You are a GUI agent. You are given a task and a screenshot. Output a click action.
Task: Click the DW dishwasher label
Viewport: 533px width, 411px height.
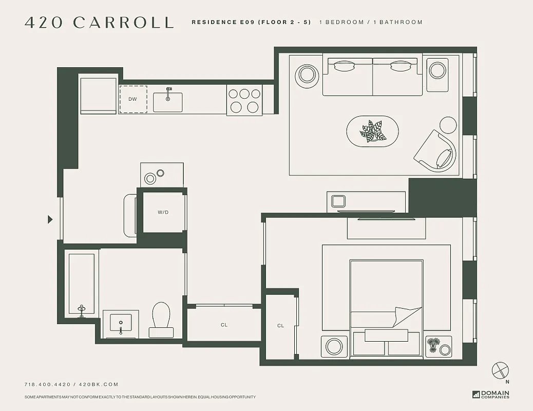(x=132, y=99)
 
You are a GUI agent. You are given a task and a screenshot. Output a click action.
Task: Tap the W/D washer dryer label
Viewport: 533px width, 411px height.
(x=163, y=212)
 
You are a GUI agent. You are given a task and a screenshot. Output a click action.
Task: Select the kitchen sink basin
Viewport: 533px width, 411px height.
(x=167, y=102)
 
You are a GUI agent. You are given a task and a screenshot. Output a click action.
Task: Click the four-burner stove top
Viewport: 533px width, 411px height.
(x=244, y=100)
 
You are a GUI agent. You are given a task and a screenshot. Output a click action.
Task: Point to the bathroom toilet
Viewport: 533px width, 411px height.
(x=161, y=319)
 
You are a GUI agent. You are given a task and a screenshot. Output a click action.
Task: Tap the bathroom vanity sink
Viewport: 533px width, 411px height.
(x=121, y=324)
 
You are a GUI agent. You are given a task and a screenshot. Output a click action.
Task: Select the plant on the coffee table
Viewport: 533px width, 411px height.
(x=373, y=132)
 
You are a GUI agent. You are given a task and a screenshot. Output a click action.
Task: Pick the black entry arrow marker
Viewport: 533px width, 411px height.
(x=50, y=219)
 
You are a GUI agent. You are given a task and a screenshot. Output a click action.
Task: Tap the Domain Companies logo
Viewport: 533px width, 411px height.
(x=491, y=395)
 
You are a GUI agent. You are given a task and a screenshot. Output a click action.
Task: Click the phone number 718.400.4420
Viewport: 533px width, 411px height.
(x=48, y=384)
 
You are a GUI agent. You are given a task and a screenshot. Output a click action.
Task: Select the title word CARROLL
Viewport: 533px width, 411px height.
(x=123, y=23)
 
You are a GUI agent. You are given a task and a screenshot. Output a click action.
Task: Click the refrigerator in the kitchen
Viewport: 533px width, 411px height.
(x=98, y=94)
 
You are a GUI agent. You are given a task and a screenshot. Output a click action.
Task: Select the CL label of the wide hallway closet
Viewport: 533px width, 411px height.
(x=224, y=325)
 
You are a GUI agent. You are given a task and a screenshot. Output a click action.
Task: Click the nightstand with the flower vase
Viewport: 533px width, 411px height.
(x=439, y=346)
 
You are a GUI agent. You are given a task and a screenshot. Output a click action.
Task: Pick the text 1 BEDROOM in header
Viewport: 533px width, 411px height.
(x=341, y=23)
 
